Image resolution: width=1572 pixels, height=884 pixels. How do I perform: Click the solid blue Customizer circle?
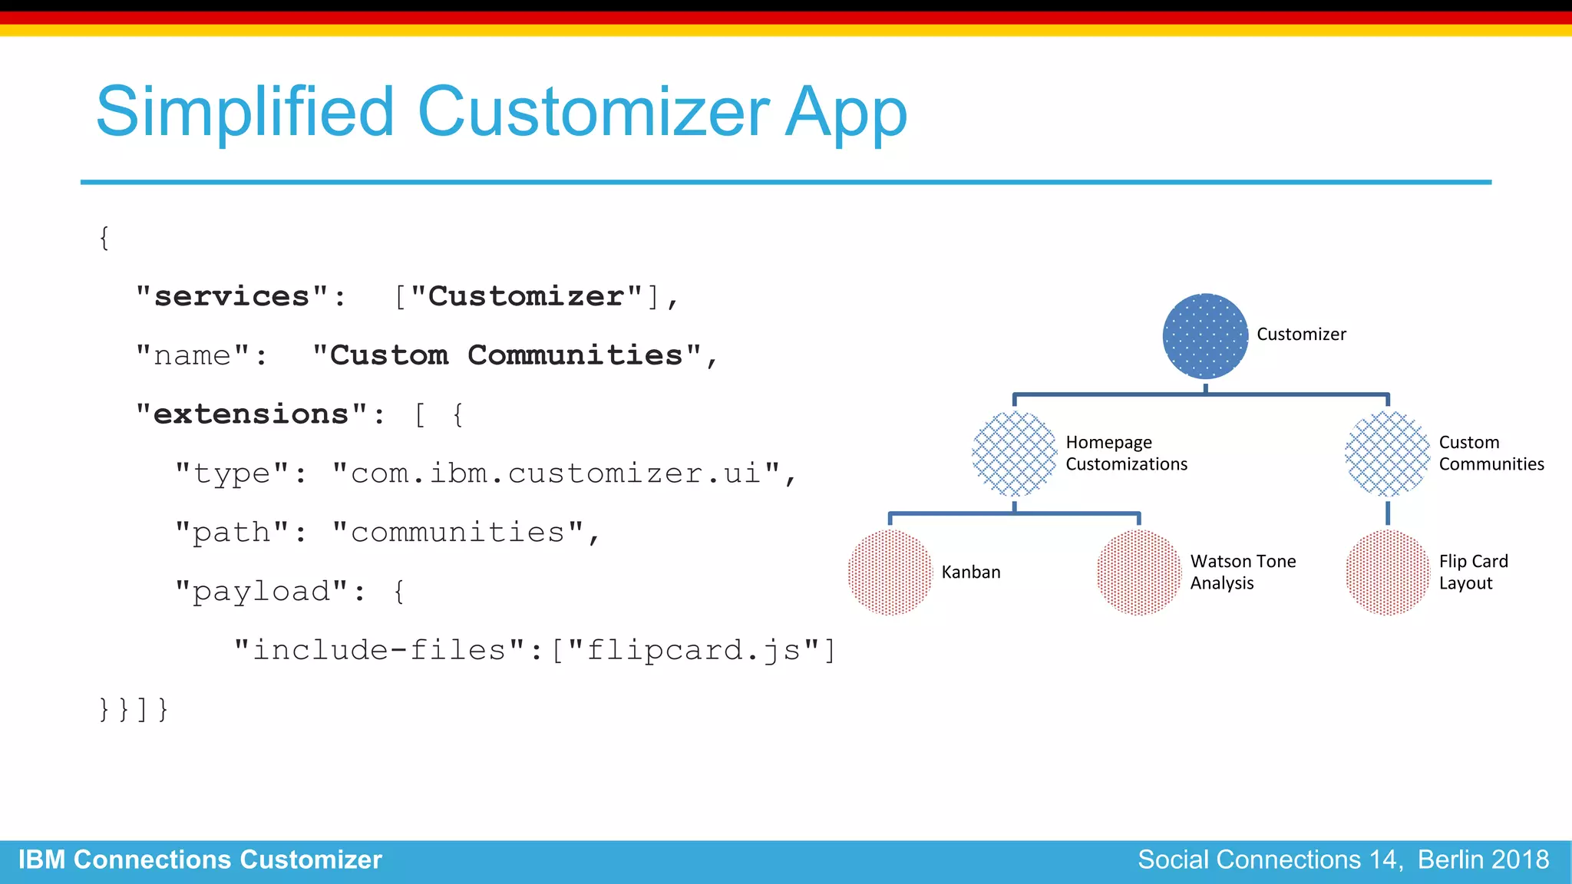click(1205, 336)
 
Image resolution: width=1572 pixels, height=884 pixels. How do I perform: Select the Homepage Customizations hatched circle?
click(1014, 454)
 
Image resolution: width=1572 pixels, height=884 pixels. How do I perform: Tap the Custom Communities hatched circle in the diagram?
click(1387, 454)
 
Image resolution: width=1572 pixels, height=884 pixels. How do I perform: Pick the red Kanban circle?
click(890, 572)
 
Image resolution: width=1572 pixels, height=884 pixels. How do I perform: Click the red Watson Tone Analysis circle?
click(1138, 572)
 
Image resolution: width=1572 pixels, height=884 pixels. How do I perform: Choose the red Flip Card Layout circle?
click(1387, 572)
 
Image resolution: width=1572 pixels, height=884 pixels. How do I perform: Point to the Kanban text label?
click(971, 572)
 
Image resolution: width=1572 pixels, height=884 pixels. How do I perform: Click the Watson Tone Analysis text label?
click(1243, 572)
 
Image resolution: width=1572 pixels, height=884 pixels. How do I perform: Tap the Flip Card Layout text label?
click(1473, 572)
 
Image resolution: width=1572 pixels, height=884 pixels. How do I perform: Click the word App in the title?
click(846, 114)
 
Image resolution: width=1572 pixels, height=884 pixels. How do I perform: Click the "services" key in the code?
click(233, 297)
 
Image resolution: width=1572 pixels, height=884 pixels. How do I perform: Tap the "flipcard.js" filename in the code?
click(694, 651)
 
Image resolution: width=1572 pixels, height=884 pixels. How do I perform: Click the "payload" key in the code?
click(262, 592)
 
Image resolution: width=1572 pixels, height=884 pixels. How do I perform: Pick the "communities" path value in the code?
click(457, 533)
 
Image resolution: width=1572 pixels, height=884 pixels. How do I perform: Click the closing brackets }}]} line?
click(134, 709)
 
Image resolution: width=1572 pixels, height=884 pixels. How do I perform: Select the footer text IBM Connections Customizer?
click(200, 860)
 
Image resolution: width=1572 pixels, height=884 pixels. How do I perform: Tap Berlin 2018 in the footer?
click(1483, 860)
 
